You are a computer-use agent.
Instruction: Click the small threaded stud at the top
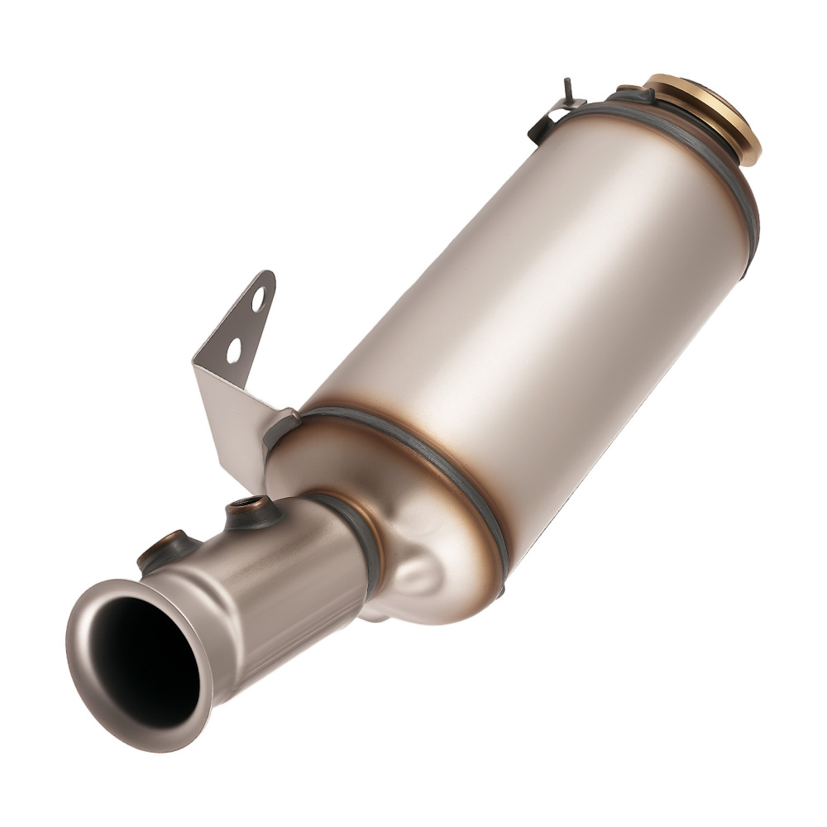point(568,88)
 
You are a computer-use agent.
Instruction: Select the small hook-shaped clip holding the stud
point(550,116)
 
